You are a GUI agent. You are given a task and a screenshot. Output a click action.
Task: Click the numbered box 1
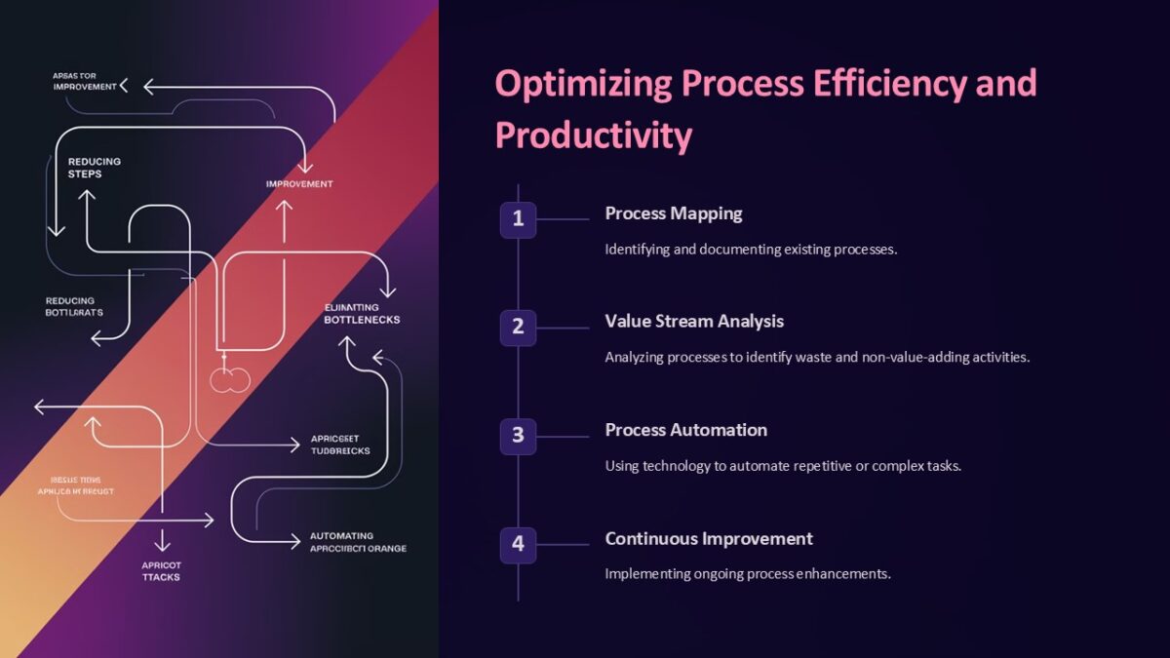tap(518, 219)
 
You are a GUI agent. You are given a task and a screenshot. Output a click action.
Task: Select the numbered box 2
tap(518, 328)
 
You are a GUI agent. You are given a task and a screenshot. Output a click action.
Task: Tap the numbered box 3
tap(518, 436)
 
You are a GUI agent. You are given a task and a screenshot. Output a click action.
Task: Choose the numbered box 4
tap(518, 544)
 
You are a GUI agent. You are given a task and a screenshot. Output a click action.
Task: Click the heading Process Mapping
tap(673, 213)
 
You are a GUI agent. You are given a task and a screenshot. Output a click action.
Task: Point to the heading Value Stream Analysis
tap(693, 321)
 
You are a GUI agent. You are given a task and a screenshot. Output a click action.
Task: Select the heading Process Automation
tap(685, 430)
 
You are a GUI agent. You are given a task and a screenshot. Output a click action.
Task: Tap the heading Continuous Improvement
tap(708, 538)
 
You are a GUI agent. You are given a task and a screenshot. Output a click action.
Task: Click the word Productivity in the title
tap(593, 135)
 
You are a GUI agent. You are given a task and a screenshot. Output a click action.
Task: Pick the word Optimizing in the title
tap(582, 83)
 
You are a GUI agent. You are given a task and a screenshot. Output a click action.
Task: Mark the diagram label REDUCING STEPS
tap(95, 168)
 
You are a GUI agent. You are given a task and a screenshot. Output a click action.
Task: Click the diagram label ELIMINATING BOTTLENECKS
tap(362, 313)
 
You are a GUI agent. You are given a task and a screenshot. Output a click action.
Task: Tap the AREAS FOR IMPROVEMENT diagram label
tap(84, 81)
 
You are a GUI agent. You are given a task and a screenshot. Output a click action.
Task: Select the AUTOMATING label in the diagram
tap(341, 536)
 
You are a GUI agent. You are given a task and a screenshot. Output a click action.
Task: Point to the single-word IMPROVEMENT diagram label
tap(299, 184)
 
